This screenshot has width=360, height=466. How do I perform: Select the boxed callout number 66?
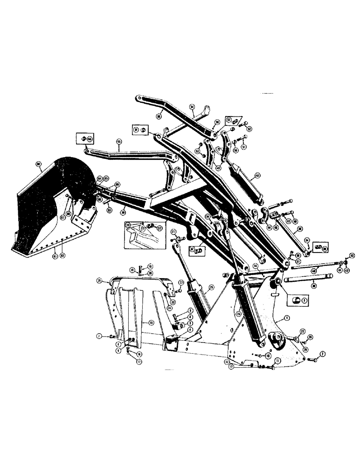click(x=90, y=138)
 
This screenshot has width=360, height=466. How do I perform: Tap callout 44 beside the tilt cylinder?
click(x=256, y=177)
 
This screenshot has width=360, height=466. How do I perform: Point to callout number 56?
click(x=192, y=107)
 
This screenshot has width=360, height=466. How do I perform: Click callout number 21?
click(x=99, y=281)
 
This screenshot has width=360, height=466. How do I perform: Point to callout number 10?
click(x=269, y=355)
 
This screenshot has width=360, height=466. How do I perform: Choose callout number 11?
click(x=277, y=361)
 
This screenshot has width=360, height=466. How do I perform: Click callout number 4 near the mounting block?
click(x=190, y=329)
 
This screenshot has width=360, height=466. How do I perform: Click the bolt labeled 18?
click(x=132, y=269)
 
